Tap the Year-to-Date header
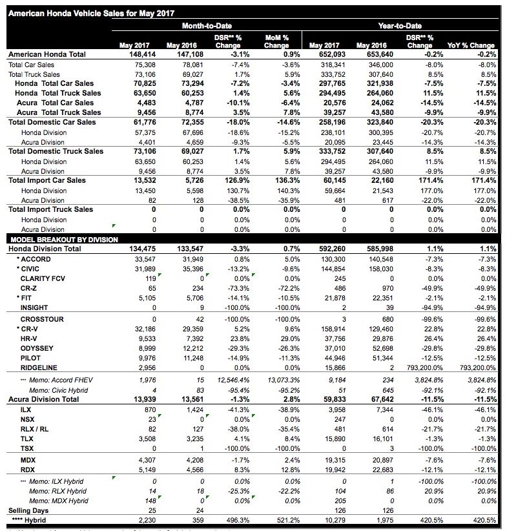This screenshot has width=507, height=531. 400,26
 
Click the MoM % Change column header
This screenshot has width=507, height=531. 276,42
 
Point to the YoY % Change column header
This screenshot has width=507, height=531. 471,45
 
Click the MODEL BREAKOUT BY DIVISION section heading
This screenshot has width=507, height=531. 64,240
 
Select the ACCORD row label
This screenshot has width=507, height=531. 36,259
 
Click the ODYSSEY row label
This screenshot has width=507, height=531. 37,348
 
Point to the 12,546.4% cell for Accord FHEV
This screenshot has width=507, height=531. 225,380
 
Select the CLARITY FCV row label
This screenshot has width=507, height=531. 42,278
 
